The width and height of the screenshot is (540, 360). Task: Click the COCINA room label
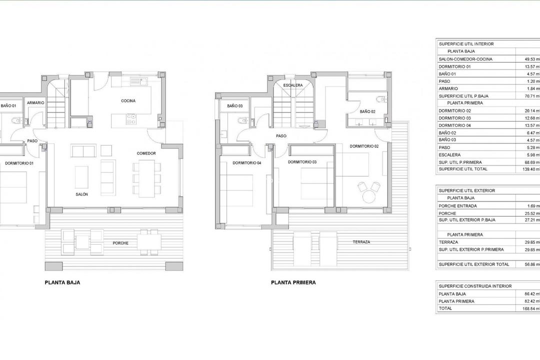pos(128,100)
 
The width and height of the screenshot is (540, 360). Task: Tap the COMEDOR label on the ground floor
pos(146,153)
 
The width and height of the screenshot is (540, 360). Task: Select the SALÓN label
pos(82,194)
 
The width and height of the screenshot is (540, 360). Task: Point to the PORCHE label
pos(120,243)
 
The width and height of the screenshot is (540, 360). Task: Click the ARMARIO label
pos(35,103)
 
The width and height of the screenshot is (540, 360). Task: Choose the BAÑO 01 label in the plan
pos(8,106)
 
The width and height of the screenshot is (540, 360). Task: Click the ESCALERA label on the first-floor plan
pos(292,85)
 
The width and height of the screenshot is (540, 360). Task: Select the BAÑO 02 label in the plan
pos(367,111)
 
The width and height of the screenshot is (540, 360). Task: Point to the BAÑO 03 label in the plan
pos(234,106)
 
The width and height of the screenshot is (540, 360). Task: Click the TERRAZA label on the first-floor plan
pos(361,242)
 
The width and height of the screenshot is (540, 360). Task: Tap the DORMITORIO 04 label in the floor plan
pos(247,163)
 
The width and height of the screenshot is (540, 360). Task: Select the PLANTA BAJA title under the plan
pos(62,282)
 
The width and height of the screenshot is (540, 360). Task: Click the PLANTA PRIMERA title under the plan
pos(293,282)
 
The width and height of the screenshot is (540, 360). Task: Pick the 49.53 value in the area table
pos(527,59)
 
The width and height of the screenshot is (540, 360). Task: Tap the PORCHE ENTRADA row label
pos(457,206)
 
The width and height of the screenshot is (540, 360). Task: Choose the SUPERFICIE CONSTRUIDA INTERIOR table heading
pos(475,286)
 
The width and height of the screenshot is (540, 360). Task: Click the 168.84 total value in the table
pos(527,308)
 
